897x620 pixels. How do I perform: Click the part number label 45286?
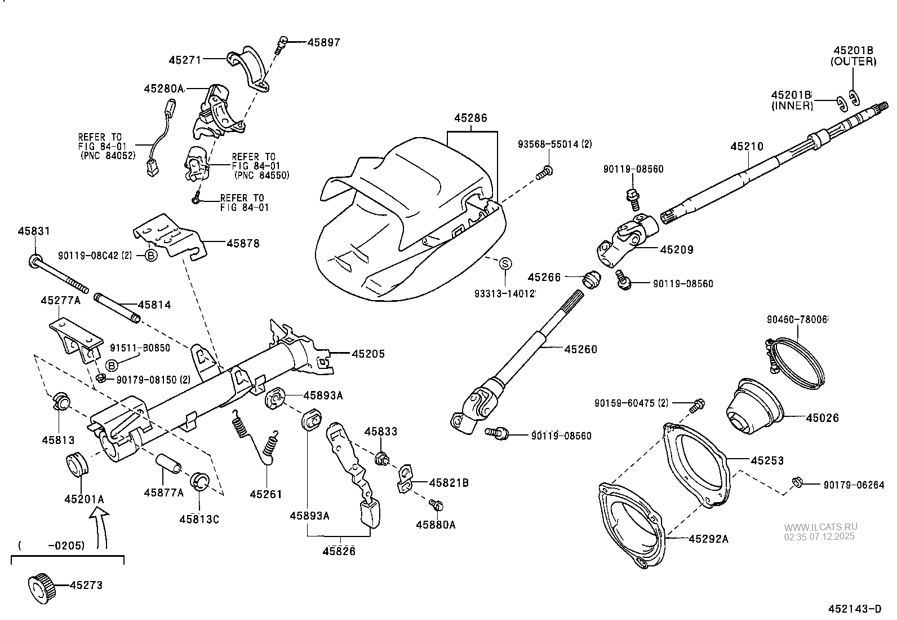pos(470,118)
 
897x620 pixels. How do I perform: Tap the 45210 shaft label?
pos(747,147)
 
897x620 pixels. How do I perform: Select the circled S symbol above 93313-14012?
pos(505,263)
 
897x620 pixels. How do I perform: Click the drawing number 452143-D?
pos(854,609)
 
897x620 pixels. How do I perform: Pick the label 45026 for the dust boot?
pos(822,418)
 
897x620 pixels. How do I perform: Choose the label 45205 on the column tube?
pos(368,354)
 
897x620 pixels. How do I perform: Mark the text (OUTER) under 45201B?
pos(853,61)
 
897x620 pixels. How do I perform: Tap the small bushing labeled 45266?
pos(590,279)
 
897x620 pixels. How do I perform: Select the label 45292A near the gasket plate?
pos(708,539)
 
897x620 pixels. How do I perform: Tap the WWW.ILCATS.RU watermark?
pos(820,527)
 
